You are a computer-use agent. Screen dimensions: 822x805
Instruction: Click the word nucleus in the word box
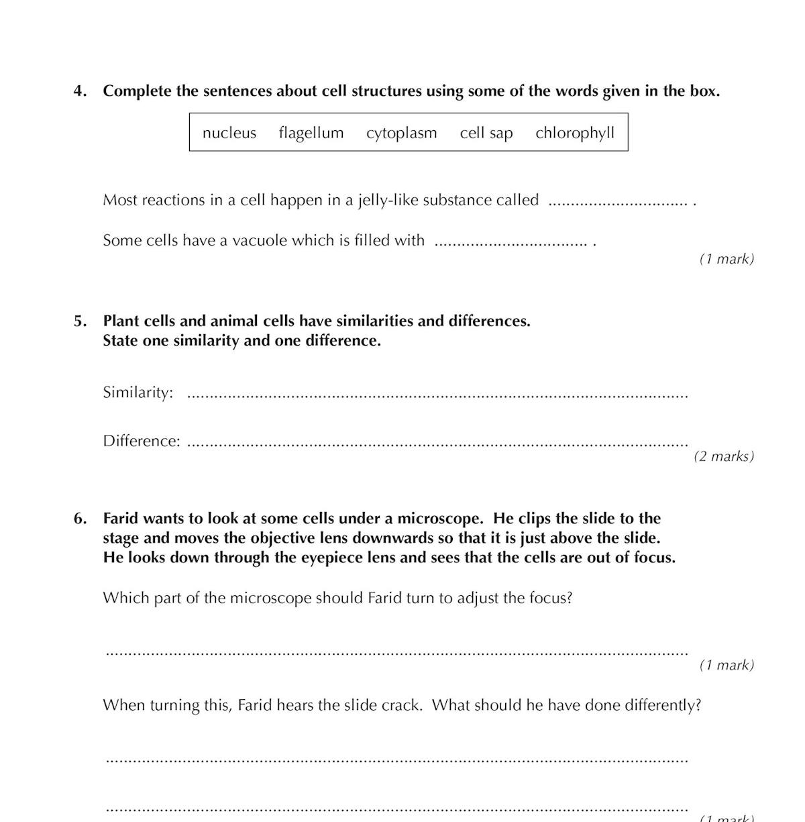click(229, 133)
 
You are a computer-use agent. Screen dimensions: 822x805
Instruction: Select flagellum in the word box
click(311, 133)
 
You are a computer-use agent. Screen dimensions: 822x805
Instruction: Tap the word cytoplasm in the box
click(401, 133)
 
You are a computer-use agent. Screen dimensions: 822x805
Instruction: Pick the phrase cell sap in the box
click(486, 133)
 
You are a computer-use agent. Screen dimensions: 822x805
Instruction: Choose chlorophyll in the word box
click(575, 133)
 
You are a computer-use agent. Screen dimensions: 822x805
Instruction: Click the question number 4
click(80, 91)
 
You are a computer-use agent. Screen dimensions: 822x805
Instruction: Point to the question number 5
click(80, 321)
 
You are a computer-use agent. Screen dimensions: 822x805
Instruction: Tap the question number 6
click(80, 518)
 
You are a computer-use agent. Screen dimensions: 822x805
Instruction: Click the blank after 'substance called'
click(618, 202)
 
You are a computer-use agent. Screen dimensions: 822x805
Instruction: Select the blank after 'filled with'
click(511, 242)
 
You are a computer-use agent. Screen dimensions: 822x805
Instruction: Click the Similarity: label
click(138, 393)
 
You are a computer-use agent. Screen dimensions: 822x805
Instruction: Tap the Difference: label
click(142, 441)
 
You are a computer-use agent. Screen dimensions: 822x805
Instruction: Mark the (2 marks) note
click(724, 456)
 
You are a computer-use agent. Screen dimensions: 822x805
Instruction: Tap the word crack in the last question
click(401, 705)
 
